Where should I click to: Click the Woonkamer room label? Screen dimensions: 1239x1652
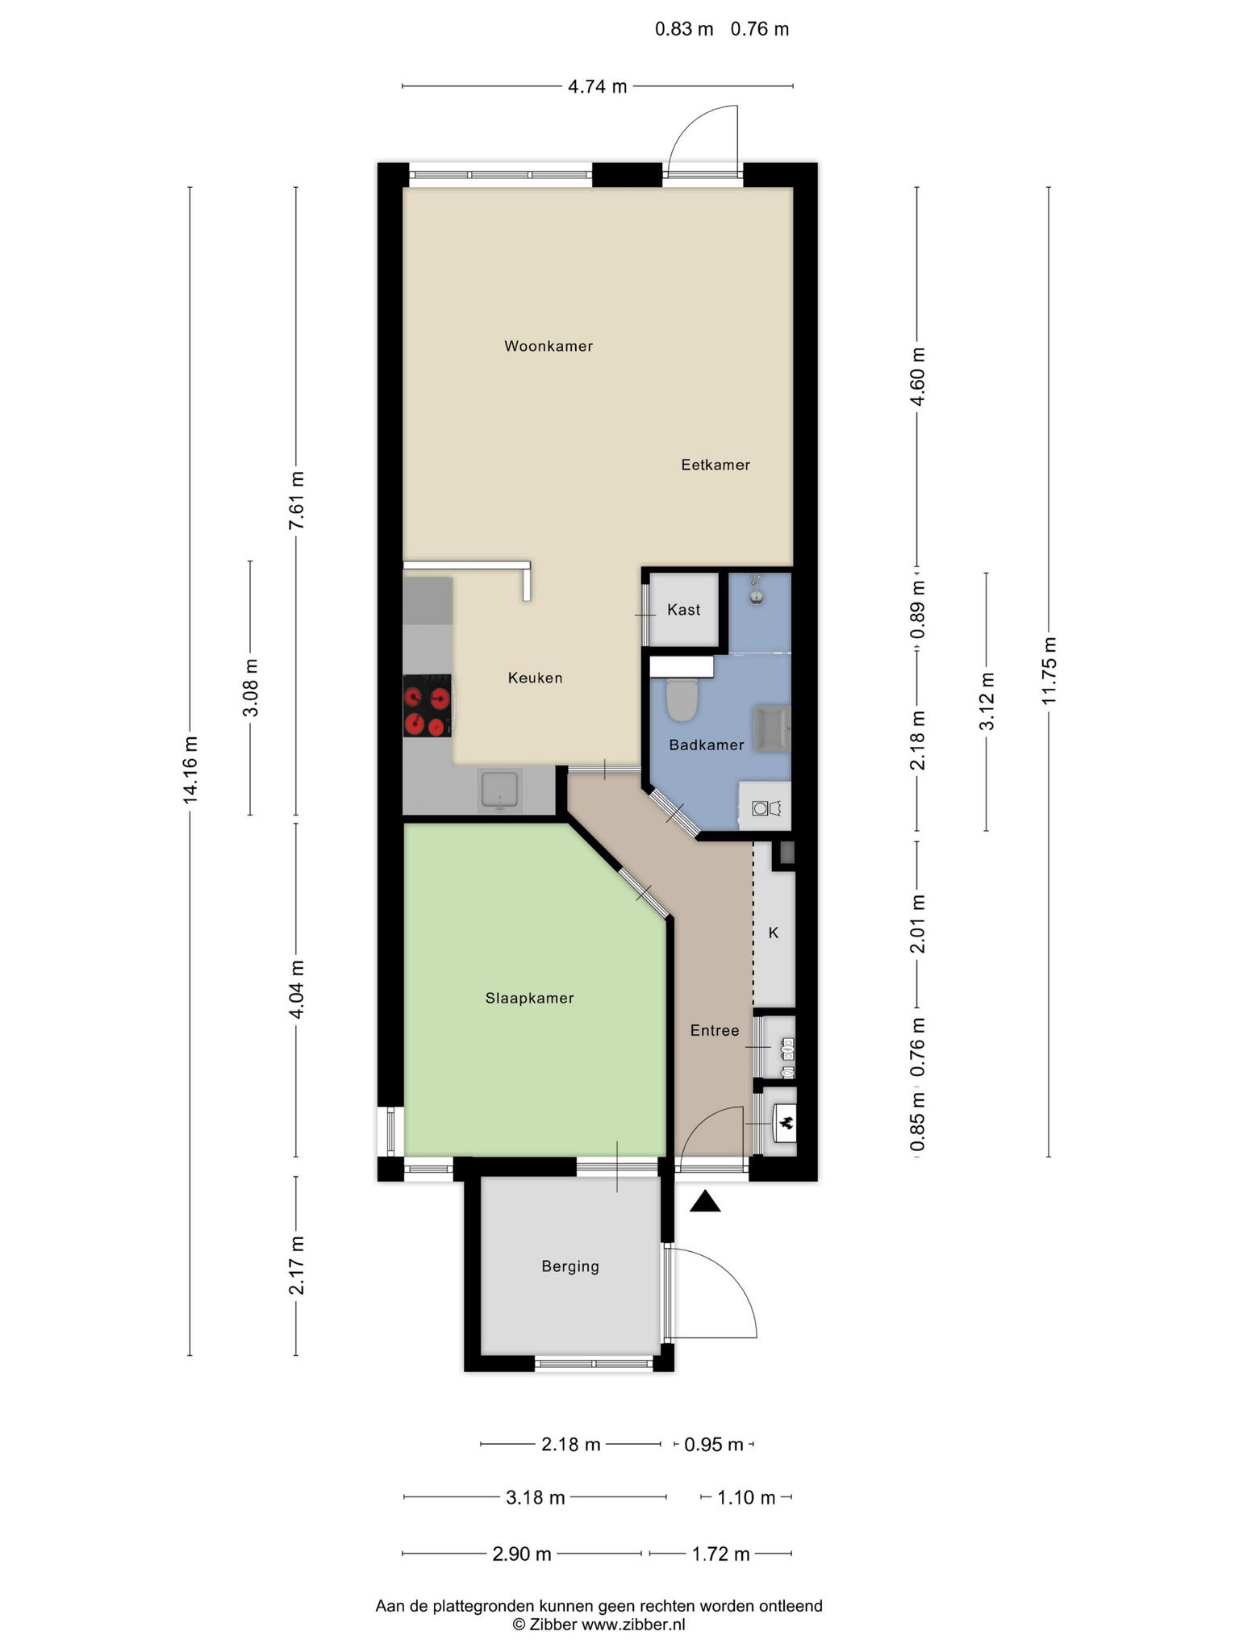549,346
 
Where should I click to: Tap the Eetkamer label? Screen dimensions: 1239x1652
715,465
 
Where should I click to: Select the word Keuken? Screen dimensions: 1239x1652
535,678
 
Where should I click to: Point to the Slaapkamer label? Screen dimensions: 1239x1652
529,998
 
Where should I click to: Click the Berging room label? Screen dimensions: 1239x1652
570,1266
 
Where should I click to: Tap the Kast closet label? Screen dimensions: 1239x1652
683,610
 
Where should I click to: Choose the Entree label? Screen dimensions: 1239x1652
715,1030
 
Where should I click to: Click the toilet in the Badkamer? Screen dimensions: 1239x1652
682,699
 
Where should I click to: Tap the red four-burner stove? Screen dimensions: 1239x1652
427,706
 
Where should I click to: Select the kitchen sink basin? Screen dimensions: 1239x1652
500,790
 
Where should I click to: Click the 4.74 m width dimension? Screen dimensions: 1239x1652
598,86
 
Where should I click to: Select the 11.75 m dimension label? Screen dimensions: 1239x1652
1049,670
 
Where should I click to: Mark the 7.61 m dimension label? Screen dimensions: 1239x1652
296,500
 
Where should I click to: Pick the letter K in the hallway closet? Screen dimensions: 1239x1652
774,933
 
